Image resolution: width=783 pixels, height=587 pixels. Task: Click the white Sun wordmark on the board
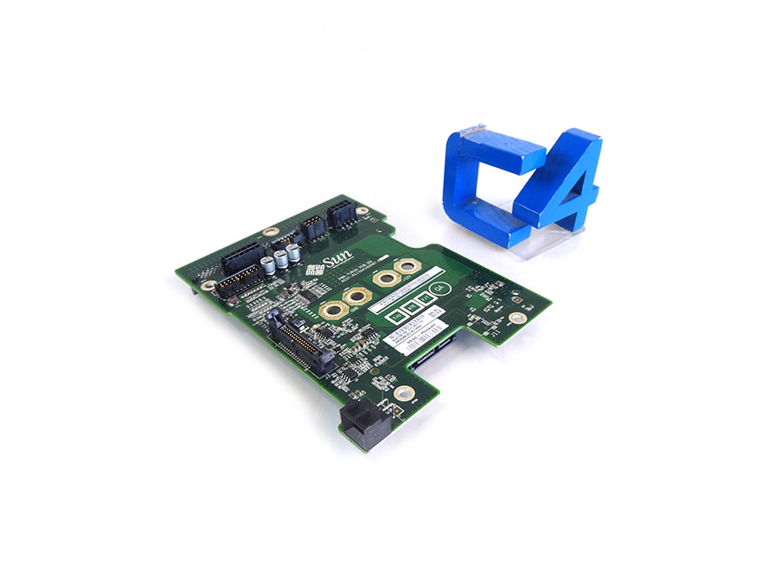pos(335,260)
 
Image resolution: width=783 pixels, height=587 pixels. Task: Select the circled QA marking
pos(439,288)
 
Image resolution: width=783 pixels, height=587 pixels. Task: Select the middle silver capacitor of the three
pos(284,257)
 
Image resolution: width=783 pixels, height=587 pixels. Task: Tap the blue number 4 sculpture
pos(560,182)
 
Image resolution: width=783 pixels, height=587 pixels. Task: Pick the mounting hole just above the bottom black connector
pos(399,392)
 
